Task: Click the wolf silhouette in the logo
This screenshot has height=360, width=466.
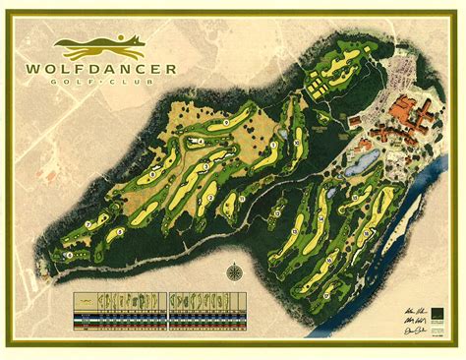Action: click(x=117, y=43)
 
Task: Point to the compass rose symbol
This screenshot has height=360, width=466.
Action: click(x=234, y=272)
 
